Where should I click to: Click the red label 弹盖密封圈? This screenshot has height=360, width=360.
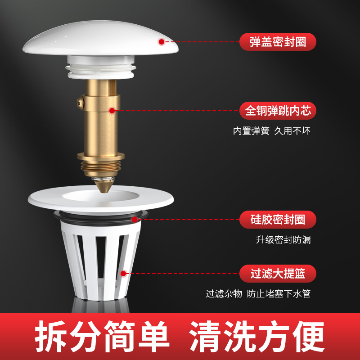(x=278, y=42)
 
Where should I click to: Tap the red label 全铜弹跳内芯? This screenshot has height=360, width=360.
(x=278, y=111)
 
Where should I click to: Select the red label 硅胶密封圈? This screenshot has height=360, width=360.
(x=278, y=220)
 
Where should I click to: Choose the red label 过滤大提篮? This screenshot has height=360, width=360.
(x=278, y=274)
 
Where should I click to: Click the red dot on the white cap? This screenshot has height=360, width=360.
(x=162, y=42)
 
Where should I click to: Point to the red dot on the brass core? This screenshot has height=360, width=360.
(x=112, y=111)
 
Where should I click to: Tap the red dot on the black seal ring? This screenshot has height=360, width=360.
(x=135, y=220)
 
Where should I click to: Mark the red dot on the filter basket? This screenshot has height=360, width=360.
(x=123, y=274)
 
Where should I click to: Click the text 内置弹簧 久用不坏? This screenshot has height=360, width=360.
(x=272, y=131)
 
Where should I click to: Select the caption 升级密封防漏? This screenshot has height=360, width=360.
(x=283, y=240)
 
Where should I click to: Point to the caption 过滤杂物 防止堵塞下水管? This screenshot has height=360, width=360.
(x=258, y=294)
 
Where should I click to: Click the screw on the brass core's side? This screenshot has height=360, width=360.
(x=81, y=103)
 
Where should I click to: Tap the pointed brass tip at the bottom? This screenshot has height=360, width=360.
(x=104, y=186)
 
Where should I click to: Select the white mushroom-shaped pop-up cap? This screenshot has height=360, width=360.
(x=100, y=38)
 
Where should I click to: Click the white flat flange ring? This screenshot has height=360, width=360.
(x=101, y=199)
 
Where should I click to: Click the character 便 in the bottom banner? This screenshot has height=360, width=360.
(x=308, y=336)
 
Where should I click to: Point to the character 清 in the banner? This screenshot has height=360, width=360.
(x=205, y=336)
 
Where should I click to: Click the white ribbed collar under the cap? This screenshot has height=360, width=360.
(x=101, y=67)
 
